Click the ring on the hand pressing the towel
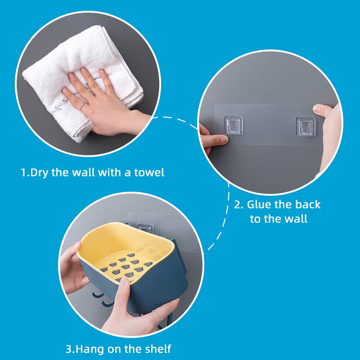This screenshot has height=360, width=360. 83,107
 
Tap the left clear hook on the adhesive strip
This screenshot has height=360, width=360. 233,126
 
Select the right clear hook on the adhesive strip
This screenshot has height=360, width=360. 305,126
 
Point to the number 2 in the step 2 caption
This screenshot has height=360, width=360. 237,205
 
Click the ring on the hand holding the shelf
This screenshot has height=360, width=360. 158,315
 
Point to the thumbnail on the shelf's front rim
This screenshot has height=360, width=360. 125,281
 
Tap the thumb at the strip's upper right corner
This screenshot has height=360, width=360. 321,110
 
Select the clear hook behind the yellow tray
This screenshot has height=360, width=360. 145,227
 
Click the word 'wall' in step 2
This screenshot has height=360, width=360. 296,219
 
